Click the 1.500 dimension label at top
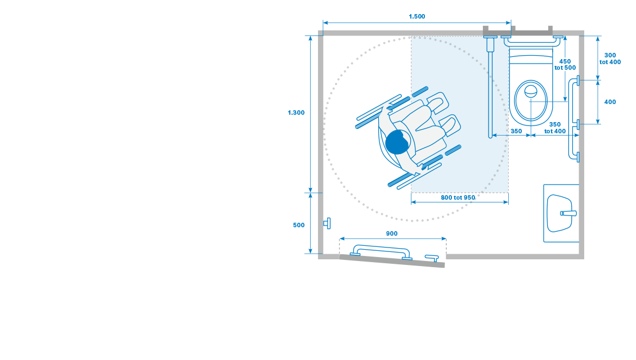[416, 17]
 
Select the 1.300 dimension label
[296, 112]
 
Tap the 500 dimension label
[298, 225]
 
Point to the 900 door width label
[391, 233]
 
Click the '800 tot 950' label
[458, 198]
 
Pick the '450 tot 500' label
[565, 65]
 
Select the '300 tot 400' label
[610, 58]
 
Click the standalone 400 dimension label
[610, 102]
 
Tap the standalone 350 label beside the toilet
[516, 131]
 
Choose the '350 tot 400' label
[555, 128]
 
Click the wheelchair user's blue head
[397, 142]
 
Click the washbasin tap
[568, 213]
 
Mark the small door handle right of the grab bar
[432, 258]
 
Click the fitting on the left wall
[327, 223]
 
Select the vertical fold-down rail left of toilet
[490, 87]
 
